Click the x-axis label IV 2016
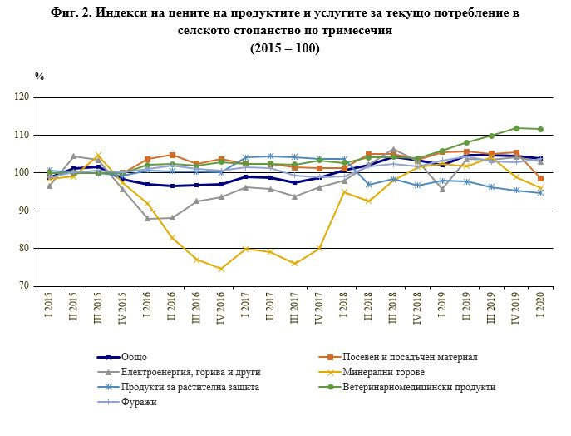(x=222, y=309)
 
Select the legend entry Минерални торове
(x=381, y=372)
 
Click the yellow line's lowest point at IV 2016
(x=222, y=269)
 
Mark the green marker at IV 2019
(x=516, y=128)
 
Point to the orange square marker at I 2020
(x=541, y=179)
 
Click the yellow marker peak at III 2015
(x=98, y=156)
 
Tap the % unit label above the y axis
(x=40, y=77)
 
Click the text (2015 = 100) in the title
(x=285, y=48)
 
